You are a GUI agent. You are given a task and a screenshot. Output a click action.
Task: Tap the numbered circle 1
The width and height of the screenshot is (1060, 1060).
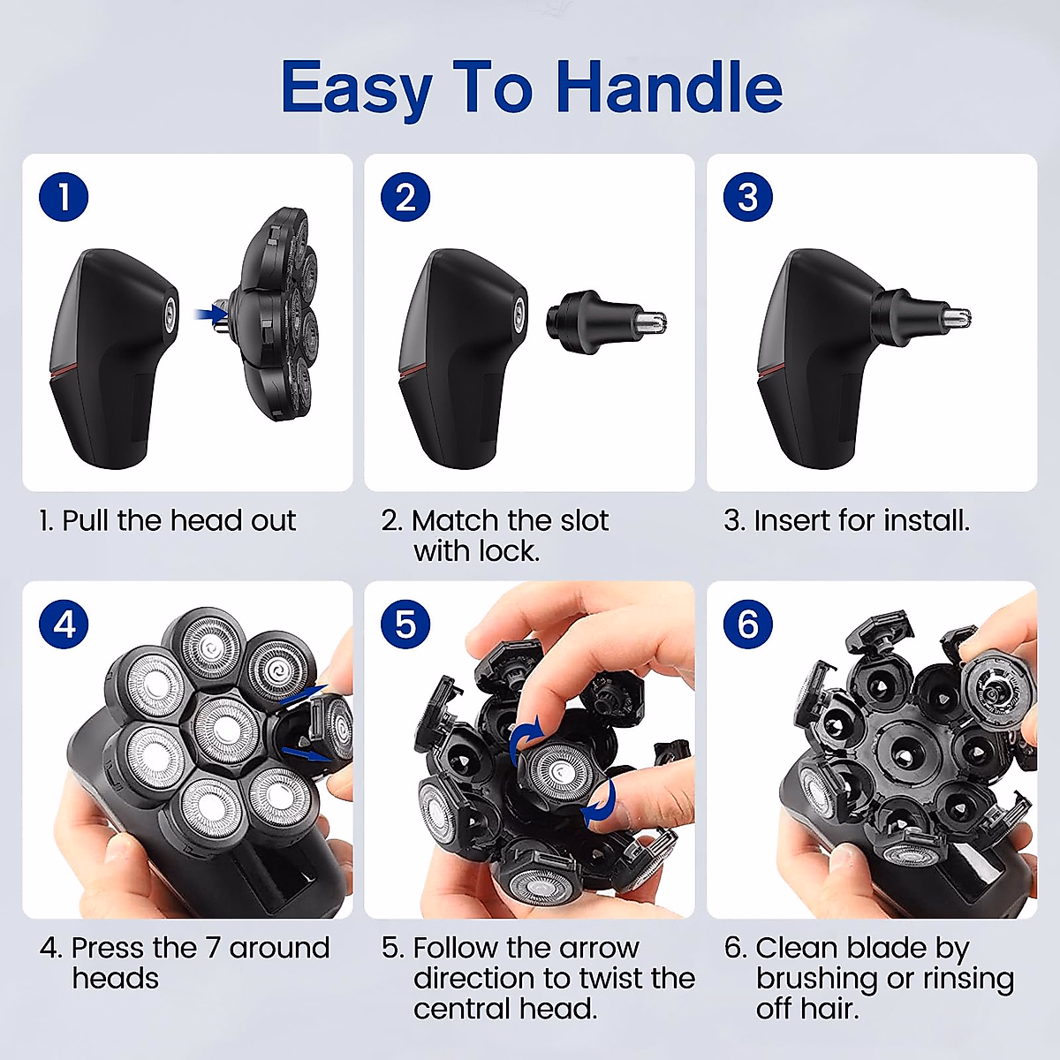click(x=64, y=197)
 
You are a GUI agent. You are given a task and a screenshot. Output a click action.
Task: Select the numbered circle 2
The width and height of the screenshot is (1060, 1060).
click(x=405, y=197)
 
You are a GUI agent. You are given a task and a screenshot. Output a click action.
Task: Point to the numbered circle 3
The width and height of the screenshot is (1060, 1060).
click(x=747, y=197)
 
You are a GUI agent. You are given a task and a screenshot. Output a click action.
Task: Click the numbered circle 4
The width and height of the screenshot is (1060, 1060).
click(x=64, y=625)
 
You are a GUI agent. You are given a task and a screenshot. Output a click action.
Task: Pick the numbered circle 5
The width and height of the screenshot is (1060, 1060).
click(x=405, y=625)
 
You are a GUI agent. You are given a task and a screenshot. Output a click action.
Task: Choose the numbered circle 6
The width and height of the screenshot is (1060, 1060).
click(x=747, y=625)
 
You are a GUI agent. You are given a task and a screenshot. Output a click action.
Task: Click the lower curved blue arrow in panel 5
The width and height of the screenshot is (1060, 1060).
click(x=601, y=802)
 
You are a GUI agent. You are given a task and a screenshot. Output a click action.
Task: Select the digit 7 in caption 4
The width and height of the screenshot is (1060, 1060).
click(x=213, y=948)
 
